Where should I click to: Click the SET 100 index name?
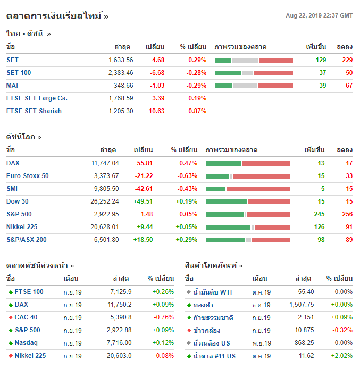[x=19, y=73]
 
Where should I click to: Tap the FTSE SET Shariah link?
[x=34, y=111]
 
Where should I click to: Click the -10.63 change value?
[x=156, y=111]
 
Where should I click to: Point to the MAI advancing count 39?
[x=322, y=86]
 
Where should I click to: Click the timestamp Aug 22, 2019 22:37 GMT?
[x=319, y=15]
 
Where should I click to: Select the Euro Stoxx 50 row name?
[x=28, y=176]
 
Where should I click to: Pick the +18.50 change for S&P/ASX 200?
[x=143, y=240]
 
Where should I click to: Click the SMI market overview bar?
[x=247, y=189]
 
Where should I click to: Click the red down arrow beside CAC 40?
[x=10, y=317]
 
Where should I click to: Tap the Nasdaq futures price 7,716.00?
[x=119, y=343]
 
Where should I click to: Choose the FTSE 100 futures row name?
[x=29, y=292]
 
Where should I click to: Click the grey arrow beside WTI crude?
[x=189, y=292]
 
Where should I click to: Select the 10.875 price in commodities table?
[x=303, y=330]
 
